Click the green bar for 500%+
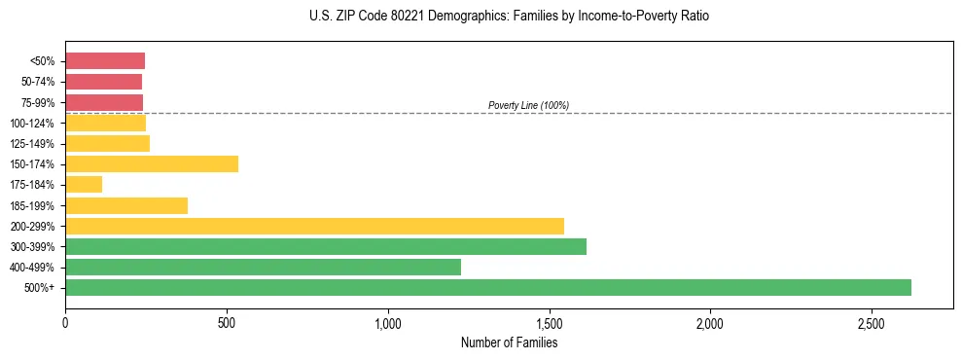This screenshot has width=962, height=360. coord(487,287)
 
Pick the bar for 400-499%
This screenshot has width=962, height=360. coord(263,267)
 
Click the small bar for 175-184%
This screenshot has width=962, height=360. coord(84,185)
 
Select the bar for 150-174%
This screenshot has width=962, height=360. coord(152,164)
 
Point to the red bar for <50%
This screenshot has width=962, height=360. coord(105,61)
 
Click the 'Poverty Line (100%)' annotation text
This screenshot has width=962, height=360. coord(528,105)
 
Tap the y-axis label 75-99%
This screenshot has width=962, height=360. coord(38,103)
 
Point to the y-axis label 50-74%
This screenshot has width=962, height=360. coord(38,82)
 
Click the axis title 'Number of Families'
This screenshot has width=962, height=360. coord(509,342)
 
